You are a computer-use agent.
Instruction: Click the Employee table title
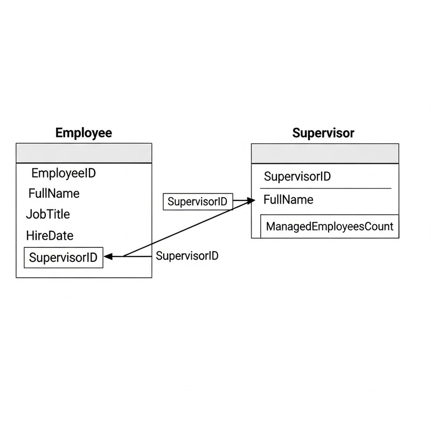click(84, 133)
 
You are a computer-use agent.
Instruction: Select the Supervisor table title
click(323, 133)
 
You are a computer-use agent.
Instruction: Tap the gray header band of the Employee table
click(84, 152)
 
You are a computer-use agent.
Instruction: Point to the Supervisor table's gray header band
click(325, 154)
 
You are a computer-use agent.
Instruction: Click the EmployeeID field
click(64, 173)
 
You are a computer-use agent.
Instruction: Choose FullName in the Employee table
click(54, 193)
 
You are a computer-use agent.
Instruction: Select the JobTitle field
click(48, 214)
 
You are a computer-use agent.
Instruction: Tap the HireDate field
click(50, 235)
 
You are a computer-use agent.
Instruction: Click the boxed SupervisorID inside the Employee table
click(64, 258)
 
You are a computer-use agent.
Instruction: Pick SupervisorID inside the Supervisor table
click(297, 177)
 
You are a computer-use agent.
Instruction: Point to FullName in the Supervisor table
click(288, 200)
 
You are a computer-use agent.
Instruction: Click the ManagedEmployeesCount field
click(329, 226)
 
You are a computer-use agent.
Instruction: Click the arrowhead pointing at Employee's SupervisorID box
click(108, 257)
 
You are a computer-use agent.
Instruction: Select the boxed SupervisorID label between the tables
click(197, 202)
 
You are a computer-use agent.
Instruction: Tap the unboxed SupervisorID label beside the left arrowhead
click(187, 256)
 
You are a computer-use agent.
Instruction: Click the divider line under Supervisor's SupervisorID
click(325, 189)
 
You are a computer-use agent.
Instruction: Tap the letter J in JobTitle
click(29, 214)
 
